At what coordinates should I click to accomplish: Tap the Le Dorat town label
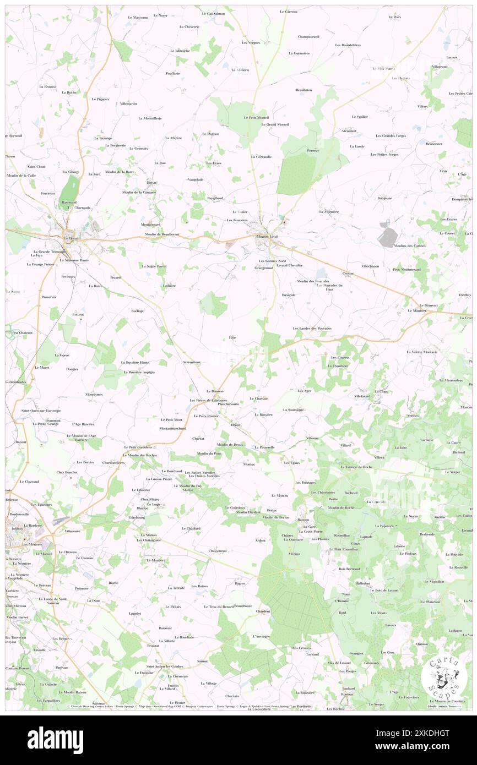pos(71,238)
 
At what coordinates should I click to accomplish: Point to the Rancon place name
pos(303,520)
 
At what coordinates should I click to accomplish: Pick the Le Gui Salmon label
pos(213,13)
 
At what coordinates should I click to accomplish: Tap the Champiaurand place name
pos(308,37)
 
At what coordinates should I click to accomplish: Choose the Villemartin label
pos(128,103)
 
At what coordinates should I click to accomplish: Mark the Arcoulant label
pos(349,131)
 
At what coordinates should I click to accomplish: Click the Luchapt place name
pos(137,310)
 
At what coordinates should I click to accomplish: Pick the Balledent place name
pos(363,583)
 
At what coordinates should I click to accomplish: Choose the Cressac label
pos(348,273)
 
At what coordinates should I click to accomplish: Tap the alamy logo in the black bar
pos(55,740)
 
